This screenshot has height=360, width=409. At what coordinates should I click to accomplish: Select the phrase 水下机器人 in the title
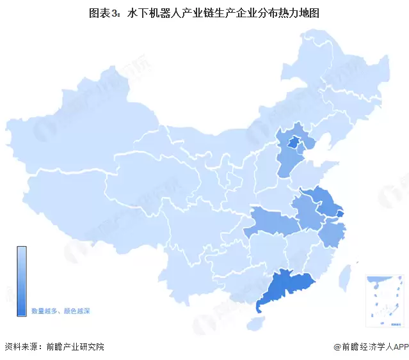[154, 12]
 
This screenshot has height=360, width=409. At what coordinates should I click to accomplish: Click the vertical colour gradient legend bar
[22, 281]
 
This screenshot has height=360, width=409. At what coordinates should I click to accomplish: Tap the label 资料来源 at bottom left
[19, 347]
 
